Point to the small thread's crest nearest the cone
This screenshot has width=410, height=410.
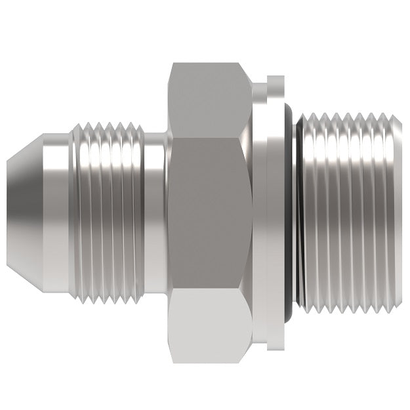pos(84,210)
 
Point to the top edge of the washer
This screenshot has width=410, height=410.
pos(277,79)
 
